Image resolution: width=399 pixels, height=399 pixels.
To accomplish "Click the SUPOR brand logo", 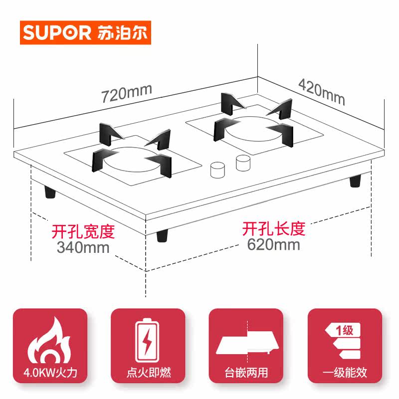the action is pos(85,33).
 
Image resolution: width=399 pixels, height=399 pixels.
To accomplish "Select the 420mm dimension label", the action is pos(321,91).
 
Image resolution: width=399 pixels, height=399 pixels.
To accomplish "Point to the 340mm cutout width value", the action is pos(83,246).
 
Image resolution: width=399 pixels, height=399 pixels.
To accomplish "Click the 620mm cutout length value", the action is pos(273,244).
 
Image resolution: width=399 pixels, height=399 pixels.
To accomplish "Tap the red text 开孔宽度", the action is pos(83,232).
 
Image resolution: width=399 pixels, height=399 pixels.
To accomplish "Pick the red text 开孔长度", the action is pos(273,229).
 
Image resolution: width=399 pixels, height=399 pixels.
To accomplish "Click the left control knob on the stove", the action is pos(217,170).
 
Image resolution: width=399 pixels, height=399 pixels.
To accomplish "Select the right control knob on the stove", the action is pos(243,162).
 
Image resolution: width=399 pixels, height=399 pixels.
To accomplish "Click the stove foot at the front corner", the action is pos(164,235).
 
